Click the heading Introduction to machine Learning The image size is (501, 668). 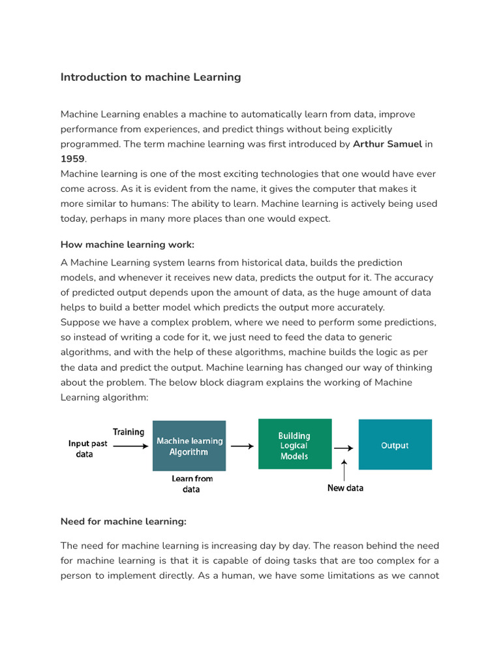(151, 77)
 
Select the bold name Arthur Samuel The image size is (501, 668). (387, 144)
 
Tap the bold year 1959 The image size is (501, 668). (72, 159)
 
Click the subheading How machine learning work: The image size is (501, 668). (127, 245)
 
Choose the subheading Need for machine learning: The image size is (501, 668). (123, 521)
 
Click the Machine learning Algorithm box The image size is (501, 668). (189, 446)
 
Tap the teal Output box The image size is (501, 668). (395, 445)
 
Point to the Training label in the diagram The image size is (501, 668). (129, 432)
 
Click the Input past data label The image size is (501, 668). (87, 449)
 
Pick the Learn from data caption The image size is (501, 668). (192, 483)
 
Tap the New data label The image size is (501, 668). (345, 488)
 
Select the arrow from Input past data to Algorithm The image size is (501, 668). (130, 447)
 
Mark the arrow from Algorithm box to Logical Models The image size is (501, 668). (242, 447)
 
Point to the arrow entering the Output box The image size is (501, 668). (344, 448)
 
